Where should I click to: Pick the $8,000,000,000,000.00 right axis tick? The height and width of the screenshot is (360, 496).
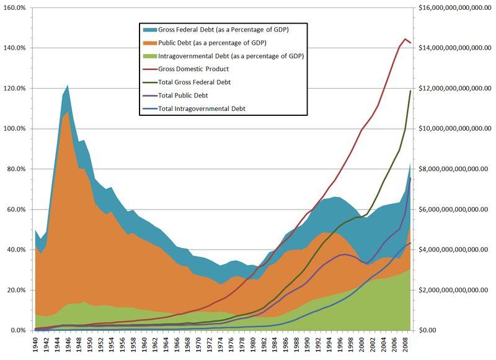451,169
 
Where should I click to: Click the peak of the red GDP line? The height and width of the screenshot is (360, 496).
405,39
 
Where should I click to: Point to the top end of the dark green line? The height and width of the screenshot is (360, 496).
410,91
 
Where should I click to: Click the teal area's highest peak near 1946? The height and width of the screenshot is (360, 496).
68,86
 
